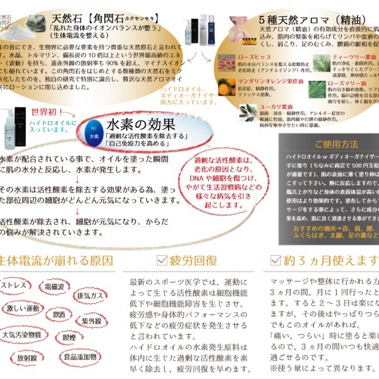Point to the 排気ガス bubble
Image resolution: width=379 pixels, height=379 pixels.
[x=88, y=296]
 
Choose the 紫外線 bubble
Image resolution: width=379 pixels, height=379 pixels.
[x=92, y=322]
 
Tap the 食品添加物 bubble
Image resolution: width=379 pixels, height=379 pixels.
[x=80, y=356]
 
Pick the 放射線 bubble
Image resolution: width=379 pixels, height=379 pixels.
[x=27, y=358]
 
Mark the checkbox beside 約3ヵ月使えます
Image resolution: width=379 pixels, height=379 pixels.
[x=275, y=260]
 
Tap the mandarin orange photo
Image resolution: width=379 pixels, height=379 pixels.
[x=227, y=86]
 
